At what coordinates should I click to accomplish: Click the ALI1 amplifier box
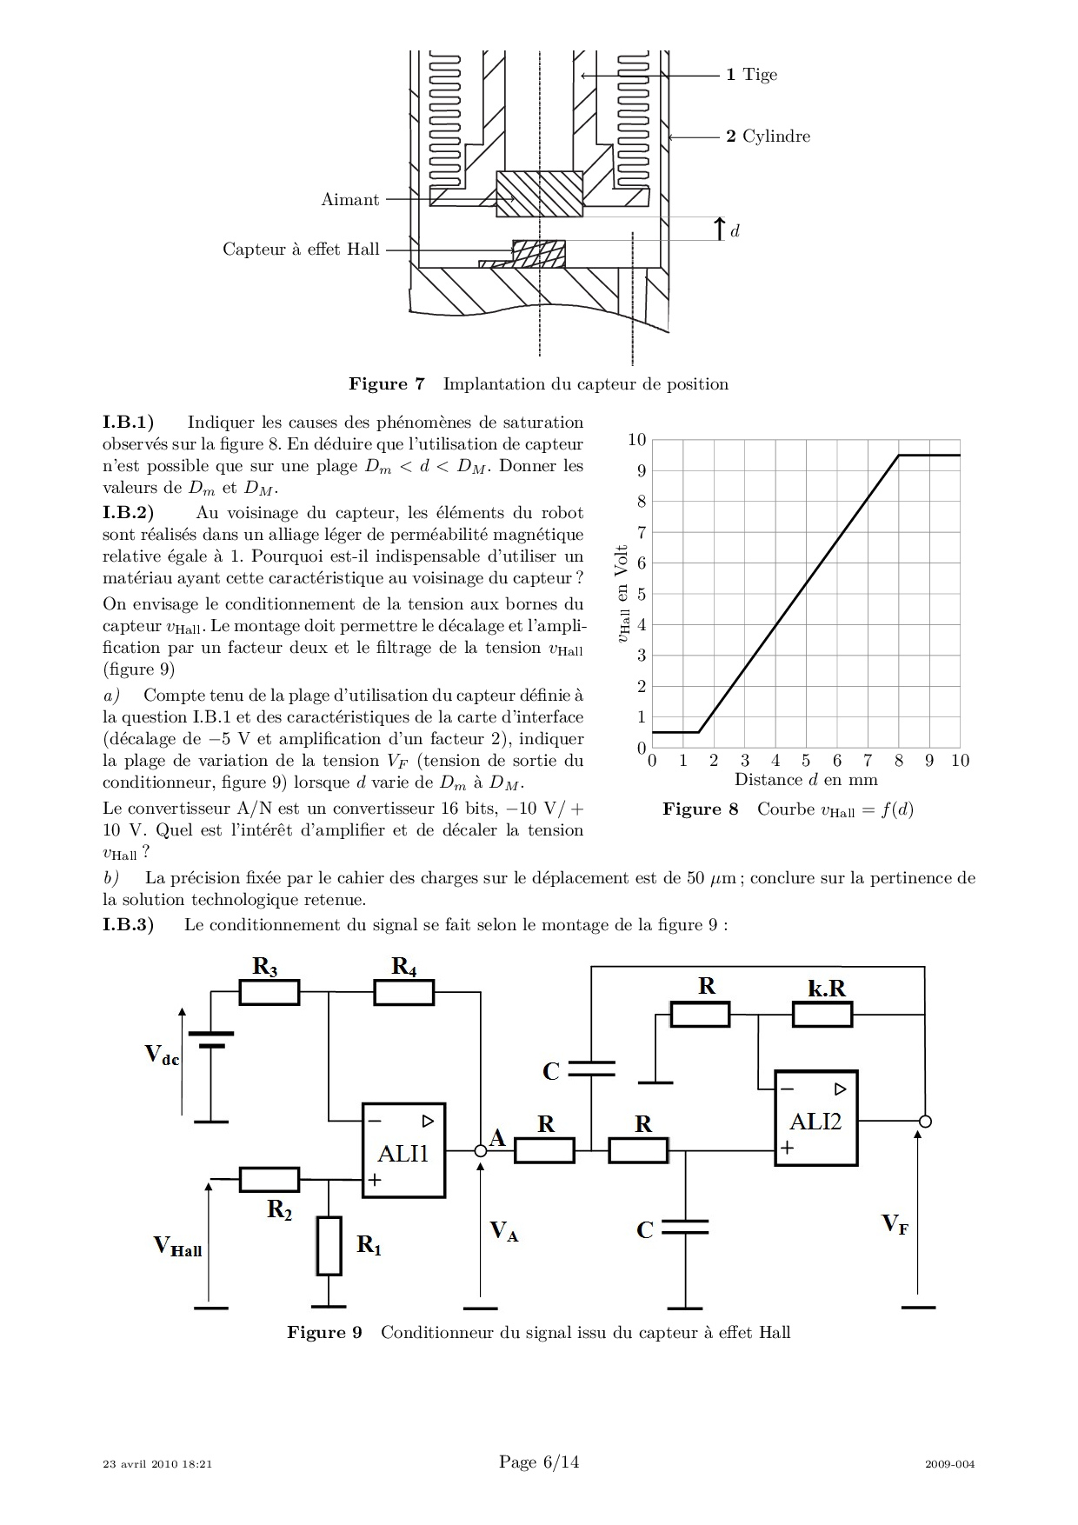(x=403, y=1150)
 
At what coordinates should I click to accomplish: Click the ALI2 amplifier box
(x=816, y=1118)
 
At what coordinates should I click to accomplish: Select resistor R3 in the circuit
(x=269, y=992)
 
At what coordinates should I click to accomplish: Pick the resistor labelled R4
(x=404, y=992)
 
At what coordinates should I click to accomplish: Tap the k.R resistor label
(x=827, y=989)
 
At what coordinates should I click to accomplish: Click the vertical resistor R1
(x=329, y=1246)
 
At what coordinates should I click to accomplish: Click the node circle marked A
(x=481, y=1150)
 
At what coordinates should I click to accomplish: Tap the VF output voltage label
(x=895, y=1224)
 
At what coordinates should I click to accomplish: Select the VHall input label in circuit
(x=177, y=1246)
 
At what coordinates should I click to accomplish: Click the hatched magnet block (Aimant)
(x=539, y=194)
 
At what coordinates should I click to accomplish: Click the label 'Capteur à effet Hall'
(x=301, y=250)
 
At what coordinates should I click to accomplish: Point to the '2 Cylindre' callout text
(x=768, y=137)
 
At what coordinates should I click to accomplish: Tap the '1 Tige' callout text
(x=751, y=75)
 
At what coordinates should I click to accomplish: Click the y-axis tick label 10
(x=637, y=440)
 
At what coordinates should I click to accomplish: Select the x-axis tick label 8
(x=898, y=761)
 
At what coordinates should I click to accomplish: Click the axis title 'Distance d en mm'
(x=806, y=780)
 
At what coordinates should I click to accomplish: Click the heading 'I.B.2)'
(x=128, y=513)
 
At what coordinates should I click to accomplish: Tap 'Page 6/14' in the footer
(x=539, y=1462)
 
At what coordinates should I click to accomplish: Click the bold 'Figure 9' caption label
(x=324, y=1333)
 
